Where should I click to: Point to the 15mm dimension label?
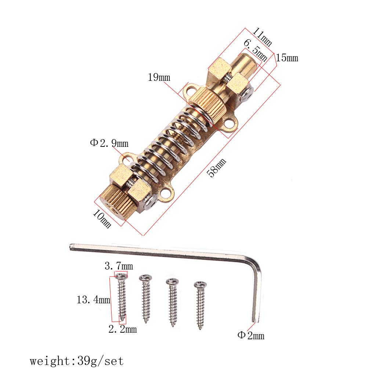coord(287,58)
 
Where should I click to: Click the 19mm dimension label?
coord(159,77)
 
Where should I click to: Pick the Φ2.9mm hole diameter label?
coord(109,143)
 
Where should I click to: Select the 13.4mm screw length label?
coord(93,300)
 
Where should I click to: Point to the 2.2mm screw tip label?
coord(122,329)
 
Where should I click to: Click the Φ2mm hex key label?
coord(251,335)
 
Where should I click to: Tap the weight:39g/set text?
coord(77,361)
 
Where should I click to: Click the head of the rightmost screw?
coord(200,285)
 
